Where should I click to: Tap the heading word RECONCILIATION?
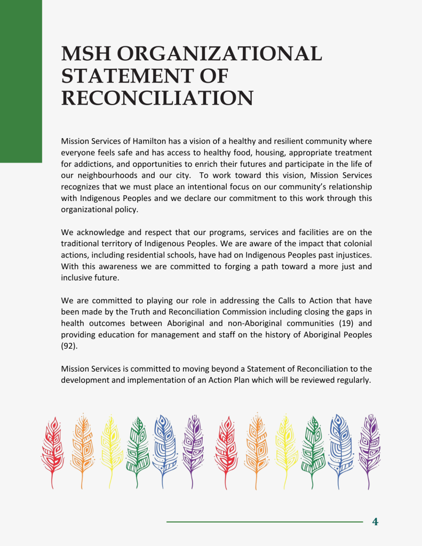pyautogui.click(x=157, y=98)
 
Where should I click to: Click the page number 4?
pyautogui.click(x=375, y=522)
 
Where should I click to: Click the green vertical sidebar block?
pyautogui.click(x=21, y=80)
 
